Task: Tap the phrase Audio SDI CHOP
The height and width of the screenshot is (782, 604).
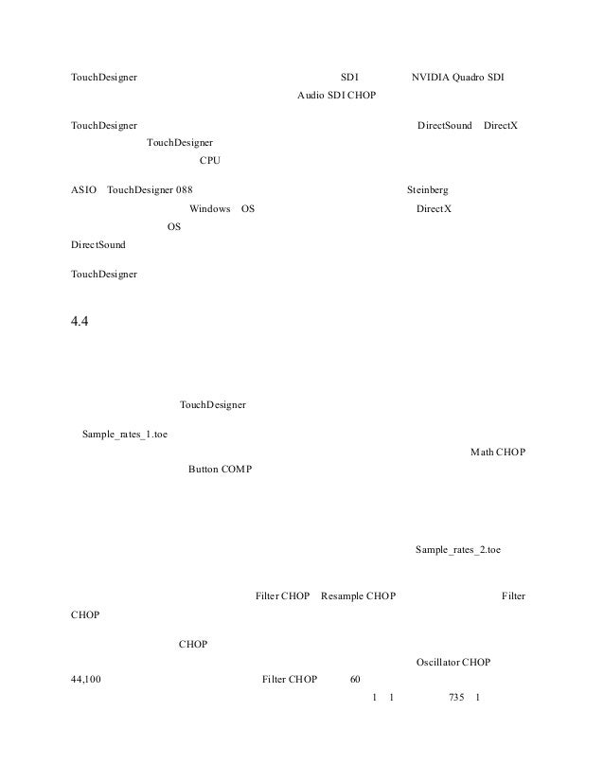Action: coord(336,95)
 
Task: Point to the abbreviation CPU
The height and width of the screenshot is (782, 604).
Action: coord(210,160)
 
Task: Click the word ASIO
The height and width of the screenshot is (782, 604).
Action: coord(83,189)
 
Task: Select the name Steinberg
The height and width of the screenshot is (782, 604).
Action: coord(428,189)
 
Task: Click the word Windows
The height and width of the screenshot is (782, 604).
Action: coord(209,208)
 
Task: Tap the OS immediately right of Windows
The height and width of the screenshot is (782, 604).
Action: coord(247,208)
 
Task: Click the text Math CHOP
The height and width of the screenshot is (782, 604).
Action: coord(498,452)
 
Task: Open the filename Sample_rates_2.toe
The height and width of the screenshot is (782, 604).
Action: coord(458,549)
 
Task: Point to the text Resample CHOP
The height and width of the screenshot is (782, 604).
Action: coord(358,595)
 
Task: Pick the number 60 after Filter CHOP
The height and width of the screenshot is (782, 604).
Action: coord(355,680)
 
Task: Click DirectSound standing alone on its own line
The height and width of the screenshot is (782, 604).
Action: coord(98,245)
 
